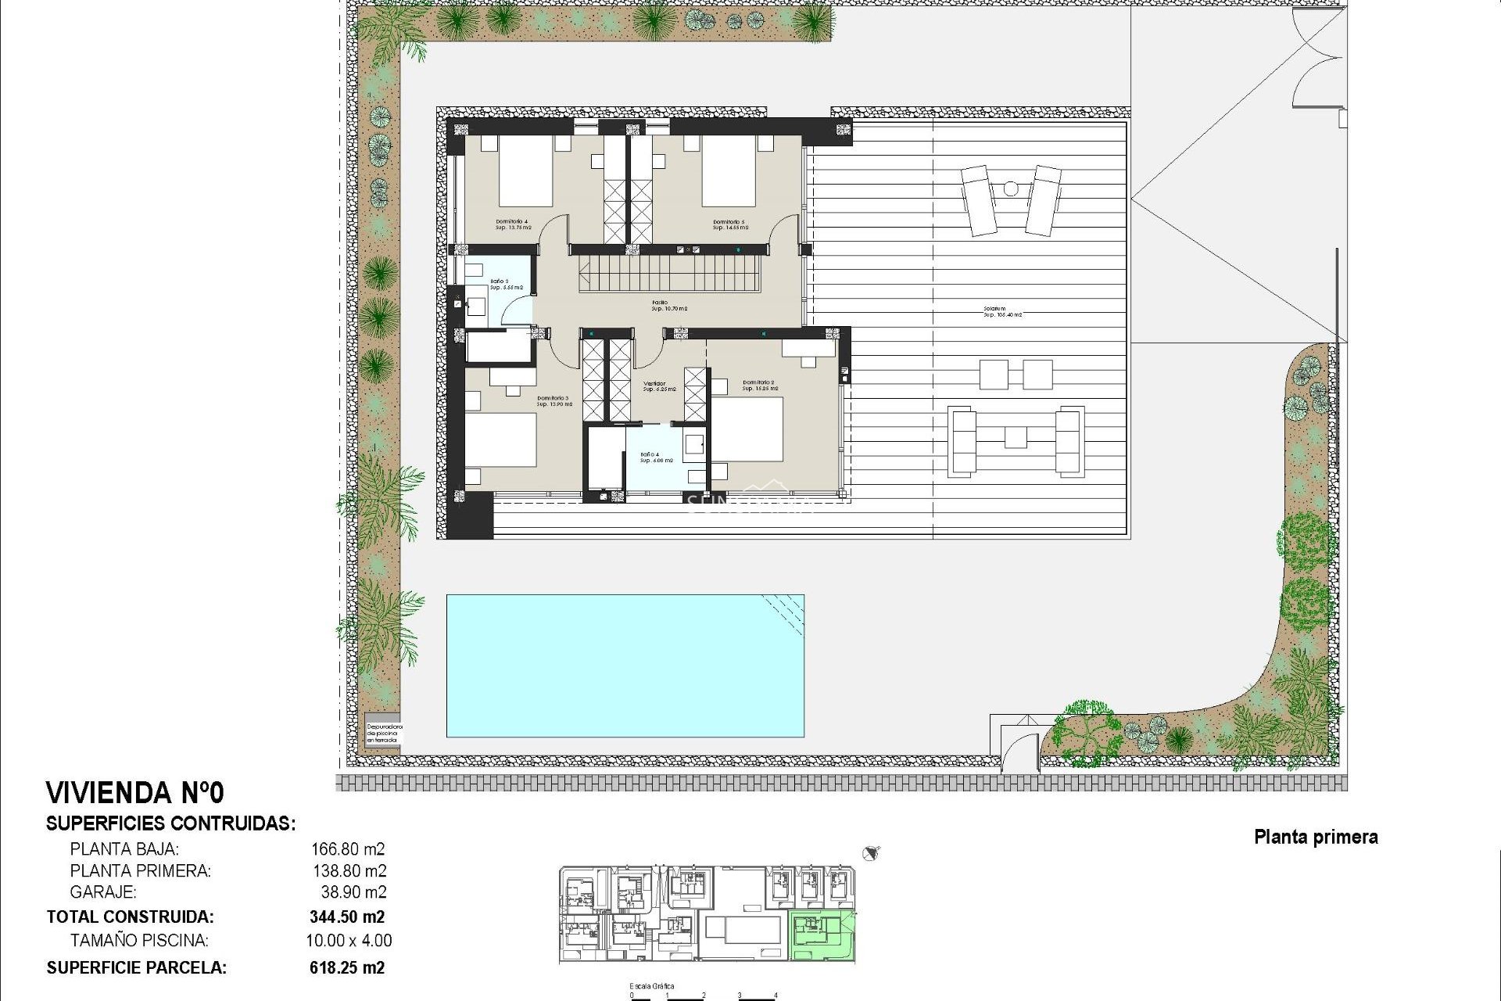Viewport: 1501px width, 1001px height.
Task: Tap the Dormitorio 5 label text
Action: pyautogui.click(x=730, y=224)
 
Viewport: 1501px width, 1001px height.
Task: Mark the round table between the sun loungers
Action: pyautogui.click(x=1010, y=188)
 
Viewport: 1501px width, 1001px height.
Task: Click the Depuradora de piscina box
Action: pyautogui.click(x=383, y=732)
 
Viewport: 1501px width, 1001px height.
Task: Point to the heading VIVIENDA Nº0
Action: pyautogui.click(x=135, y=793)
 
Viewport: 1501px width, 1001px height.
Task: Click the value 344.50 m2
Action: pyautogui.click(x=347, y=917)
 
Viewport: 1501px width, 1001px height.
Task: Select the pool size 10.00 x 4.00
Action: pyautogui.click(x=349, y=941)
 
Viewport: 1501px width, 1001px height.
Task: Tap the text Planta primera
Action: pyautogui.click(x=1316, y=837)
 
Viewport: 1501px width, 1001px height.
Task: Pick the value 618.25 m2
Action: pyautogui.click(x=347, y=967)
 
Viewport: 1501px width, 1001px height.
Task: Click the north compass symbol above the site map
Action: pyautogui.click(x=872, y=852)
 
